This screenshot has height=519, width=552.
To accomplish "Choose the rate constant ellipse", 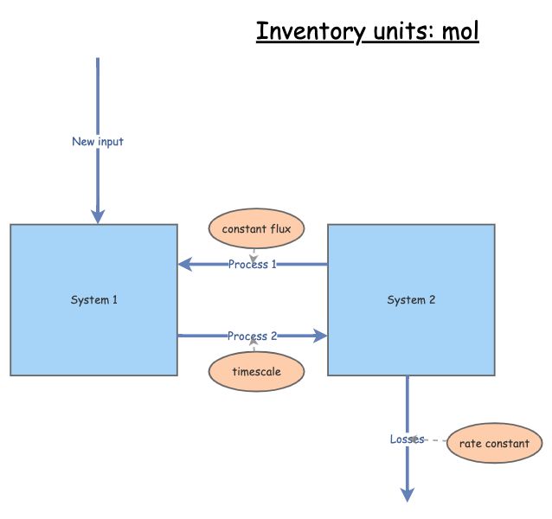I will tap(494, 444).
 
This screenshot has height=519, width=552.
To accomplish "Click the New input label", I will tap(98, 141).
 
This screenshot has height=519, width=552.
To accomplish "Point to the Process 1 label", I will tap(253, 264).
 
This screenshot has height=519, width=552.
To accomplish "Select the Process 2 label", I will tap(253, 336).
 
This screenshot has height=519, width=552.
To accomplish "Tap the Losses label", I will tap(407, 439).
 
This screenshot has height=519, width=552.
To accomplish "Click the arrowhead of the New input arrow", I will tap(98, 216).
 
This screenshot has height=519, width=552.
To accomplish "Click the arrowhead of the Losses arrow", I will tap(407, 494).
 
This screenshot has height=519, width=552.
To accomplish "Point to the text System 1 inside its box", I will tap(93, 300).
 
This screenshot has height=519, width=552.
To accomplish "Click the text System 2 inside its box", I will tap(411, 300).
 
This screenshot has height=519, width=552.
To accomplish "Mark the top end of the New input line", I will tap(98, 60).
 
